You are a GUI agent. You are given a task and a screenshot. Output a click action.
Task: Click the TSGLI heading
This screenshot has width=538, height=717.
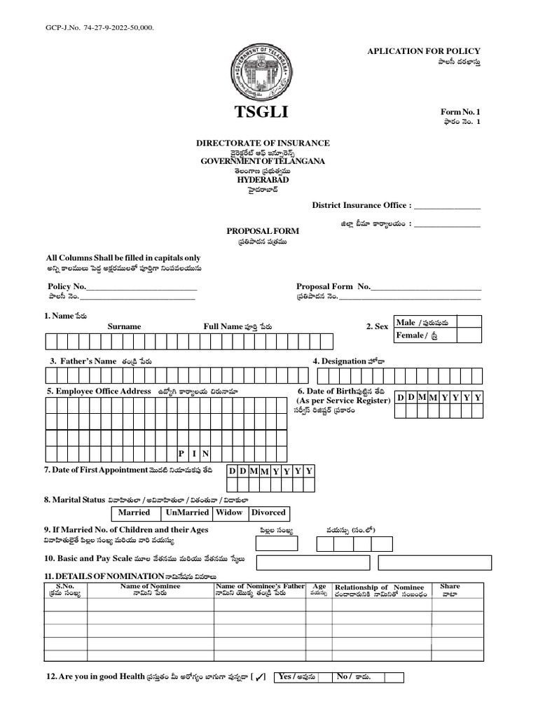[261, 113]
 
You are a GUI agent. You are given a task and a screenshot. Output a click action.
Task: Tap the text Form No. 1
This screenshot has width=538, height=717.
[460, 112]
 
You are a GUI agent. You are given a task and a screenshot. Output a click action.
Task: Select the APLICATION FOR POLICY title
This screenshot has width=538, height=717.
[424, 52]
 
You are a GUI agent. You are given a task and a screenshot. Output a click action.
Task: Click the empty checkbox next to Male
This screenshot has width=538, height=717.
[469, 322]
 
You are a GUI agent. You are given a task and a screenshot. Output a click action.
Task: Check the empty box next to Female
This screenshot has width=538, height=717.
[469, 335]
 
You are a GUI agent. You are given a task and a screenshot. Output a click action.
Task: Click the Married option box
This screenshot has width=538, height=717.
[134, 513]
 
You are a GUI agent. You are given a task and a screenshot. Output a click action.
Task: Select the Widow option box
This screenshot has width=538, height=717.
[229, 513]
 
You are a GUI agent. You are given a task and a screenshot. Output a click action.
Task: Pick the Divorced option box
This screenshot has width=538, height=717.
[268, 513]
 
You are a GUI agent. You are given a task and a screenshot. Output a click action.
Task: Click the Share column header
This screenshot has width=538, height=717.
[450, 587]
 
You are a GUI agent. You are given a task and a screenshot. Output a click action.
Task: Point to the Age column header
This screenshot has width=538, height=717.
[319, 587]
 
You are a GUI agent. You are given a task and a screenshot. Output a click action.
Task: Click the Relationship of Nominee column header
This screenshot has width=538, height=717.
[379, 587]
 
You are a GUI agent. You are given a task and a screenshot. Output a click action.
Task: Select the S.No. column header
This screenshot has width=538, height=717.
[64, 586]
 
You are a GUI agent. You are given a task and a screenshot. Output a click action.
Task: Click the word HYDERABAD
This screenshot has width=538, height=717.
[262, 179]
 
